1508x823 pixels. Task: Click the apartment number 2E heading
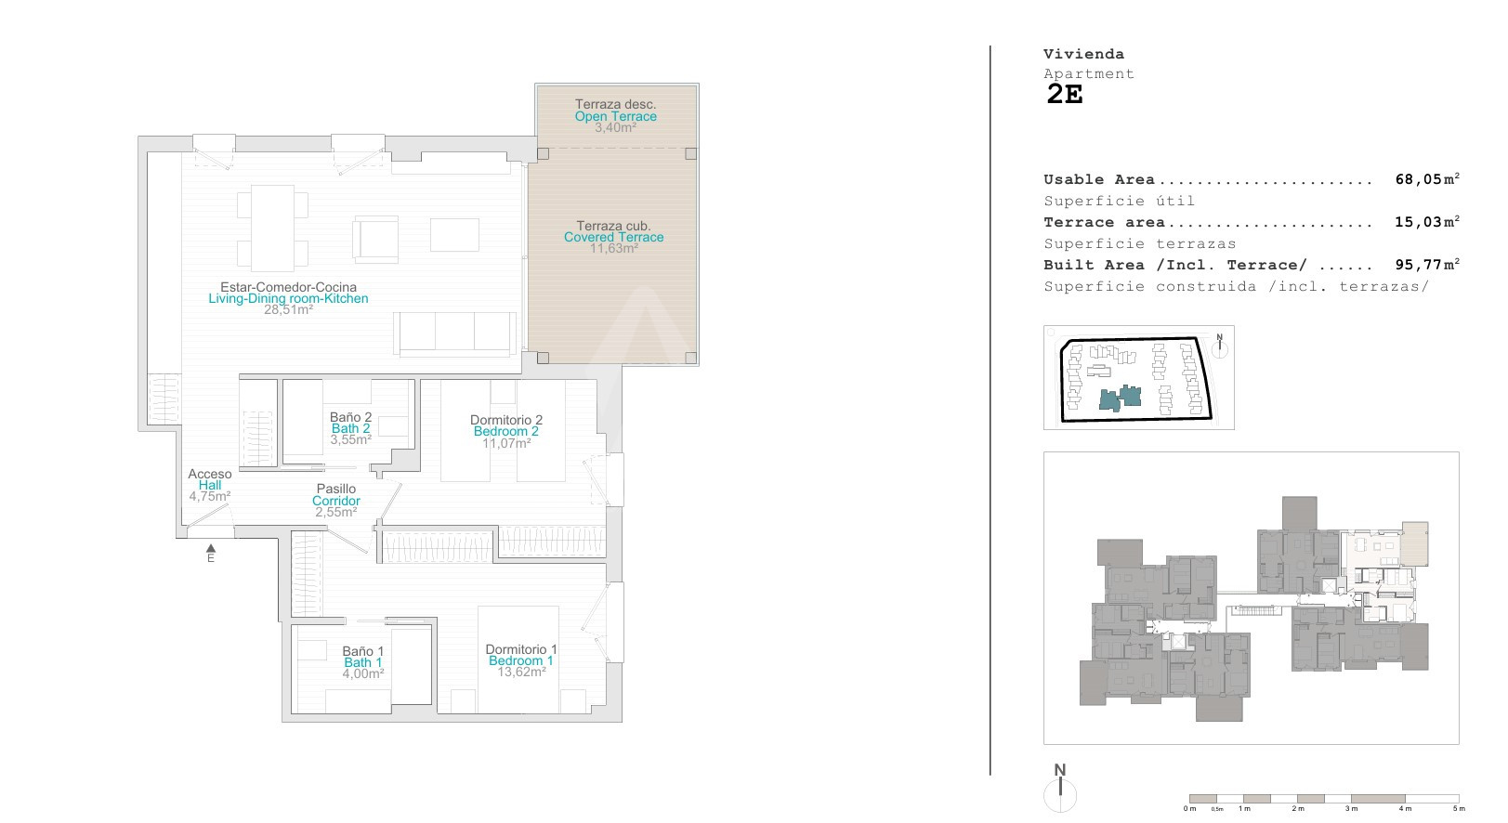(x=1065, y=95)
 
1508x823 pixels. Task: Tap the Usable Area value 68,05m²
(x=1427, y=179)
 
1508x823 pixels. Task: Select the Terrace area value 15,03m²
(x=1427, y=221)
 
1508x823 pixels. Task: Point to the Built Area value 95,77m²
(x=1427, y=265)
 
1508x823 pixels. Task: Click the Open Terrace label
(x=615, y=116)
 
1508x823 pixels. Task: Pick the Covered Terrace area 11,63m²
(x=613, y=248)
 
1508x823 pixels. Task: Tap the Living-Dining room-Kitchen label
(x=288, y=298)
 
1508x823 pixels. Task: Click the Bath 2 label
(x=350, y=428)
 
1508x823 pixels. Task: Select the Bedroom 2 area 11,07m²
(x=506, y=443)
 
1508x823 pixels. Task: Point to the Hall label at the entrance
(x=210, y=485)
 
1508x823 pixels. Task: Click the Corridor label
(x=336, y=501)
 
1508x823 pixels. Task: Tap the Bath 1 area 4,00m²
(x=363, y=673)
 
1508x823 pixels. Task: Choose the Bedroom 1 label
(x=521, y=660)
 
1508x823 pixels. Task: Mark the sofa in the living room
(x=454, y=333)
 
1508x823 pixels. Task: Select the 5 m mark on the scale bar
(x=1459, y=808)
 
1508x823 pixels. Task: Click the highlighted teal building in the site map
(x=1121, y=398)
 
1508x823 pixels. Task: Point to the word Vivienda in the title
(x=1084, y=54)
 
